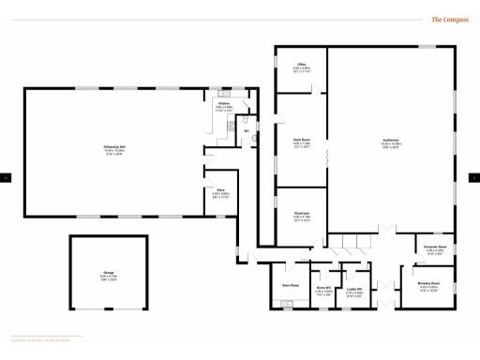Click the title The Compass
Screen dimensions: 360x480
coord(449,19)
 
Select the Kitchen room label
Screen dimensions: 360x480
coord(224,104)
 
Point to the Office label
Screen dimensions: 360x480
coord(301,66)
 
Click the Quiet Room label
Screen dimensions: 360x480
coord(301,142)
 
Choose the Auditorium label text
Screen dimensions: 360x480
coord(392,143)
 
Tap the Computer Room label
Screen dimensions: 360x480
coord(435,248)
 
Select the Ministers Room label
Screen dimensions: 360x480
coord(428,285)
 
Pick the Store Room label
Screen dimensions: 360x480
coord(291,284)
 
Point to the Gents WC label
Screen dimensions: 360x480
coord(323,289)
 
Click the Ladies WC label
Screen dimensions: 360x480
coord(354,289)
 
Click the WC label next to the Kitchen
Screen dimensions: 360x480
coord(247,130)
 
